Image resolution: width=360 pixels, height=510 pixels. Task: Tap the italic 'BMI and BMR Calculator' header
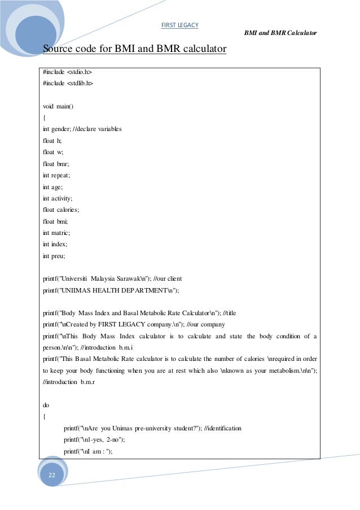tap(280, 33)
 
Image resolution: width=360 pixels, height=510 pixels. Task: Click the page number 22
tap(52, 476)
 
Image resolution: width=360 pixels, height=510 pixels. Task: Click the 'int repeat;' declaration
tap(57, 175)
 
